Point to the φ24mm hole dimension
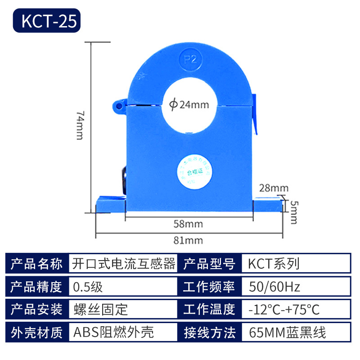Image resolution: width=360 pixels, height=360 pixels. pyautogui.click(x=189, y=105)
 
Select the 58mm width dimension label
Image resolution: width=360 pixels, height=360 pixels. pyautogui.click(x=188, y=224)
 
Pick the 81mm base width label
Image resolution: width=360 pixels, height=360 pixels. pyautogui.click(x=188, y=240)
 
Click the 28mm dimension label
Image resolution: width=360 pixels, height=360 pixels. pyautogui.click(x=274, y=187)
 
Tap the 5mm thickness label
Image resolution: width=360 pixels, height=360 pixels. pyautogui.click(x=293, y=211)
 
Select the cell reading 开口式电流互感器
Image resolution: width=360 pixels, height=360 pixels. pyautogui.click(x=123, y=264)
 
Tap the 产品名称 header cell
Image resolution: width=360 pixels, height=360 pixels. pyautogui.click(x=37, y=264)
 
